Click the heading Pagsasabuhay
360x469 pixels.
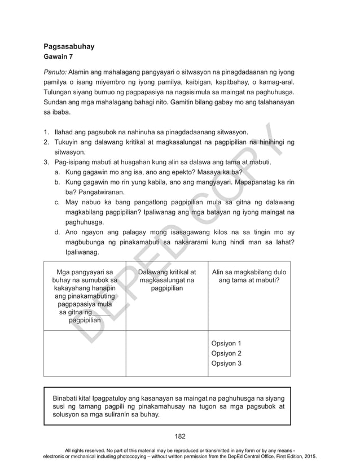[x=69, y=46]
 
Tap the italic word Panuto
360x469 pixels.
[x=55, y=73]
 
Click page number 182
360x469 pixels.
[x=179, y=436]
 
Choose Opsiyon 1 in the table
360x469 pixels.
[x=226, y=343]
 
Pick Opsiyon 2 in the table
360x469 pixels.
[x=226, y=353]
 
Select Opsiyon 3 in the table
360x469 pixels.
[x=226, y=363]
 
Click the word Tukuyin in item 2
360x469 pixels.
[x=67, y=142]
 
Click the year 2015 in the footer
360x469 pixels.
[x=308, y=456]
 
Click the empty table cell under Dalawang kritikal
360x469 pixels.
[x=166, y=353]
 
